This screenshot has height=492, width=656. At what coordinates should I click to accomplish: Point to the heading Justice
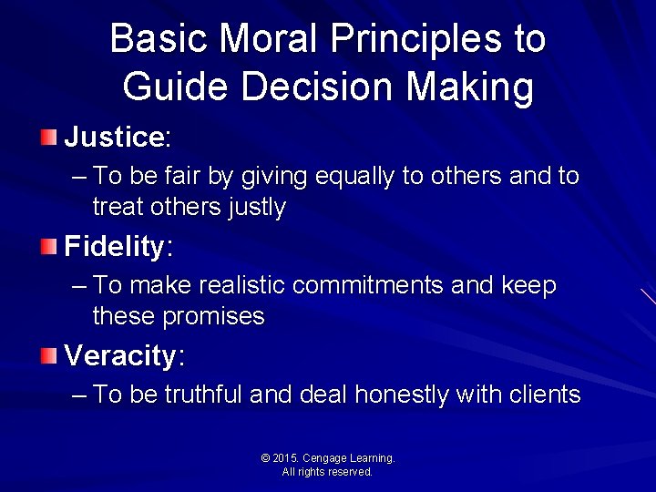click(x=114, y=138)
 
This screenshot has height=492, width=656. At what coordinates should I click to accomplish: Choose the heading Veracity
click(x=121, y=355)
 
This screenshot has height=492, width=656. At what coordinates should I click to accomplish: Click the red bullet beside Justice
click(x=48, y=138)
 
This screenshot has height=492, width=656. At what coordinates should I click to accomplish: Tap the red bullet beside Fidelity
click(x=48, y=247)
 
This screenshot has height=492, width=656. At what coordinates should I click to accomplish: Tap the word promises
click(x=213, y=316)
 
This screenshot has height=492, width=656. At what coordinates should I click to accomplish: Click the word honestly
click(x=401, y=395)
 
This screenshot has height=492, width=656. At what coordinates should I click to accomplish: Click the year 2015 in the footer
click(x=287, y=458)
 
